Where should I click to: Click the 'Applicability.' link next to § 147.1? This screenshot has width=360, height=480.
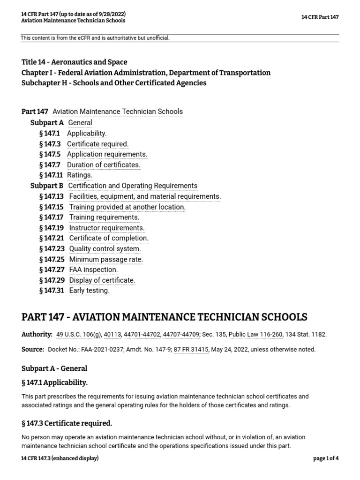[87, 133]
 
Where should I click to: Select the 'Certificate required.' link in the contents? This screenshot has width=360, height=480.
[97, 144]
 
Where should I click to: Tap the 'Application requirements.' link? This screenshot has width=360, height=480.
[107, 154]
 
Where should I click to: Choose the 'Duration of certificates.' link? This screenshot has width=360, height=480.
[104, 165]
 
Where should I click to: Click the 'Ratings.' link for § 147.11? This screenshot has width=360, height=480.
[80, 175]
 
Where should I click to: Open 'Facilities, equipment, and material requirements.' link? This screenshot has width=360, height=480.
[145, 196]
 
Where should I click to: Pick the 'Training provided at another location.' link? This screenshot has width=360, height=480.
[127, 207]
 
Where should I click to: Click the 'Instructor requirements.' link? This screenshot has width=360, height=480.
[107, 228]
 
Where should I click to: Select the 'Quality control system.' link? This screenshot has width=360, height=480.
[105, 249]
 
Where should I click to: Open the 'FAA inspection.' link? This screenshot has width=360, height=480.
[93, 270]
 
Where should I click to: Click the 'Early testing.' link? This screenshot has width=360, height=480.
[89, 291]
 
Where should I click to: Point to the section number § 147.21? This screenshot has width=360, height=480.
[52, 238]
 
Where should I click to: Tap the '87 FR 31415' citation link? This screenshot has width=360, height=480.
[191, 349]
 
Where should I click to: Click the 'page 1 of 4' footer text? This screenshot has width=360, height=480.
[325, 458]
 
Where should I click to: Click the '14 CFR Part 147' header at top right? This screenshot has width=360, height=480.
[320, 17]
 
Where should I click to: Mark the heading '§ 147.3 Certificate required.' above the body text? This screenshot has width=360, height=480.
[67, 423]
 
